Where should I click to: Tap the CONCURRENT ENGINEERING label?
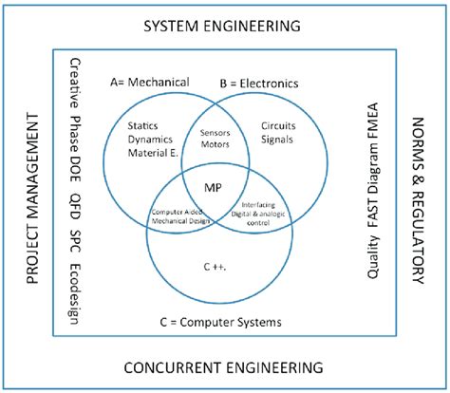coord(222,366)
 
